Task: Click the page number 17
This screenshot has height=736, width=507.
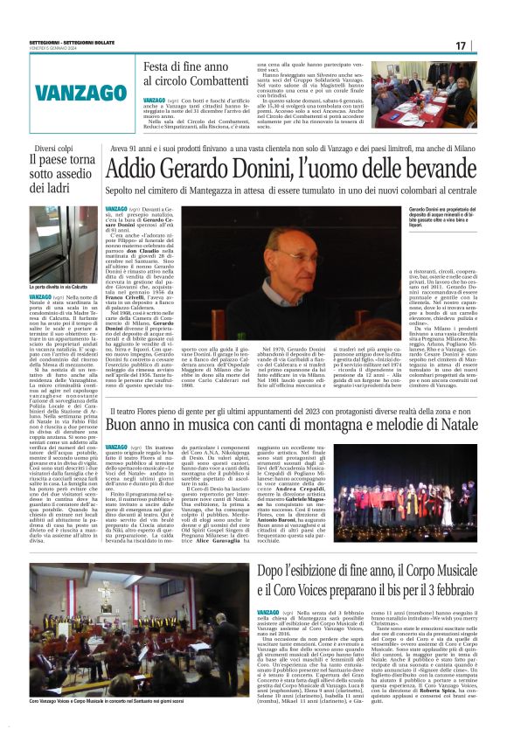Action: [x=484, y=45]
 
